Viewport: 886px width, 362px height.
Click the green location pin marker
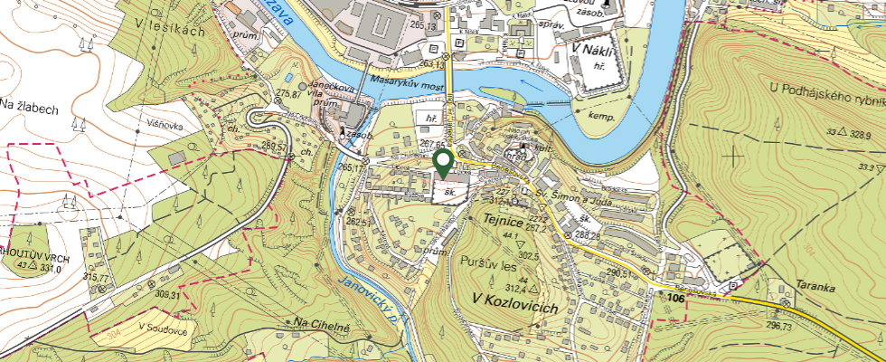click(x=443, y=163)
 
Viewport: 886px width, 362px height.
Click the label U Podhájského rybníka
click(x=825, y=88)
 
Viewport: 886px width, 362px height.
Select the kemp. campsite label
click(x=601, y=118)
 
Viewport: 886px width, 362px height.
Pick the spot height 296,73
click(x=778, y=326)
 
